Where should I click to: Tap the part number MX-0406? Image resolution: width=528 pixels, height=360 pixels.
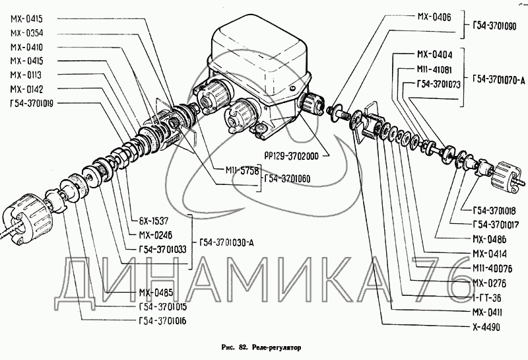click(x=434, y=18)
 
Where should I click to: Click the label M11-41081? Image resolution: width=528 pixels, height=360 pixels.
click(x=434, y=69)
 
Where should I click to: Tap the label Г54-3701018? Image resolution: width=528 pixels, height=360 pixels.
click(x=494, y=210)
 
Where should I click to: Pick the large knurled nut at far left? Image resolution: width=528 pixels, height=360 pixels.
click(x=23, y=215)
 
